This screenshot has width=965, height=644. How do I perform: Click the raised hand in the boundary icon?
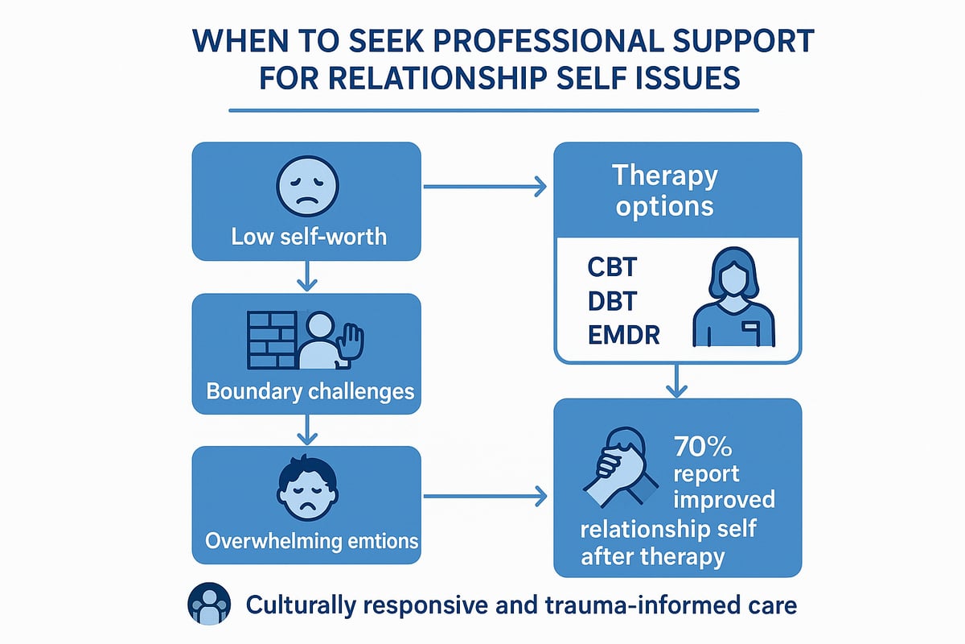coord(351,343)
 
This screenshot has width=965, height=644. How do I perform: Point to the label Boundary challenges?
coord(310,392)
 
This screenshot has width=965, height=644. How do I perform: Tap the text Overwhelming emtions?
coord(312,540)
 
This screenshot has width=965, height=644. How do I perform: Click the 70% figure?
coord(694,447)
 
